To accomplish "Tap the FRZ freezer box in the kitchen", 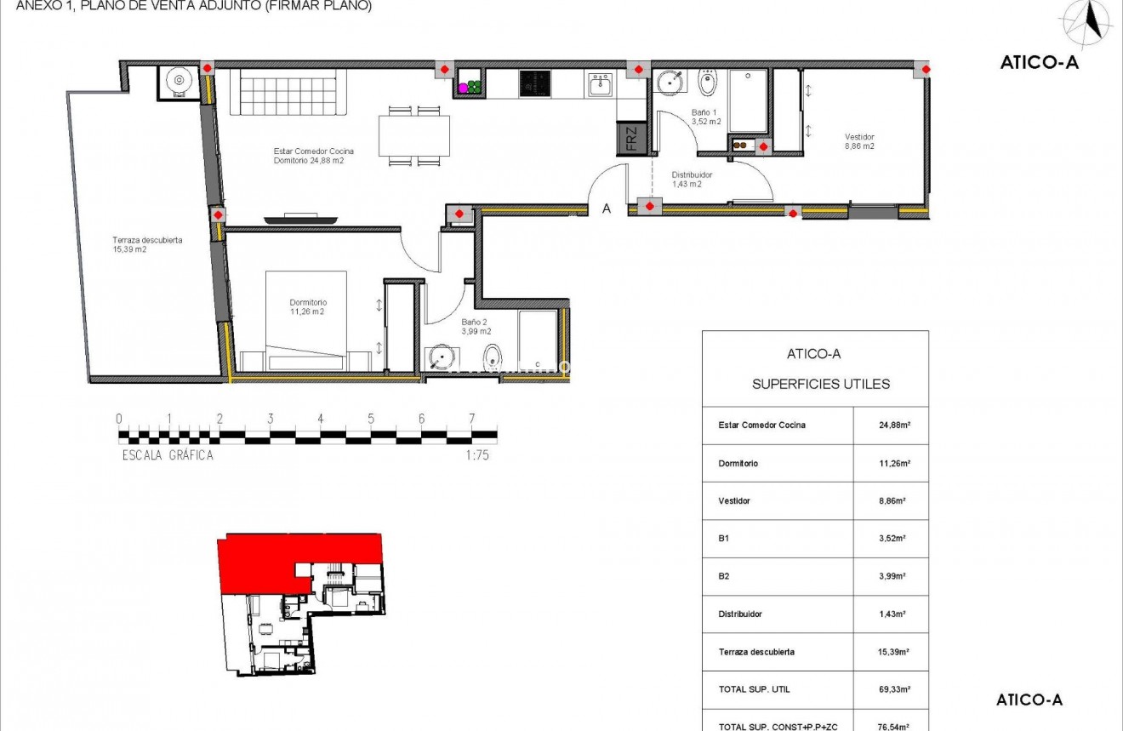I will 630,138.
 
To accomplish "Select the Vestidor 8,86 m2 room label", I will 859,141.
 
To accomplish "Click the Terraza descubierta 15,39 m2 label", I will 147,244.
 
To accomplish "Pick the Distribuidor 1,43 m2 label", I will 691,179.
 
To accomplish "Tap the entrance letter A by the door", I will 607,208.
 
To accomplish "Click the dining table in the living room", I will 414,135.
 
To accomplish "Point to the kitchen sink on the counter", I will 601,84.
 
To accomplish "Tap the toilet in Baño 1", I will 708,83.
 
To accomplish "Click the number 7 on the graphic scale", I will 471,419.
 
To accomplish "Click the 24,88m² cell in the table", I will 891,425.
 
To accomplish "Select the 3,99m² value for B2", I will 891,576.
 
